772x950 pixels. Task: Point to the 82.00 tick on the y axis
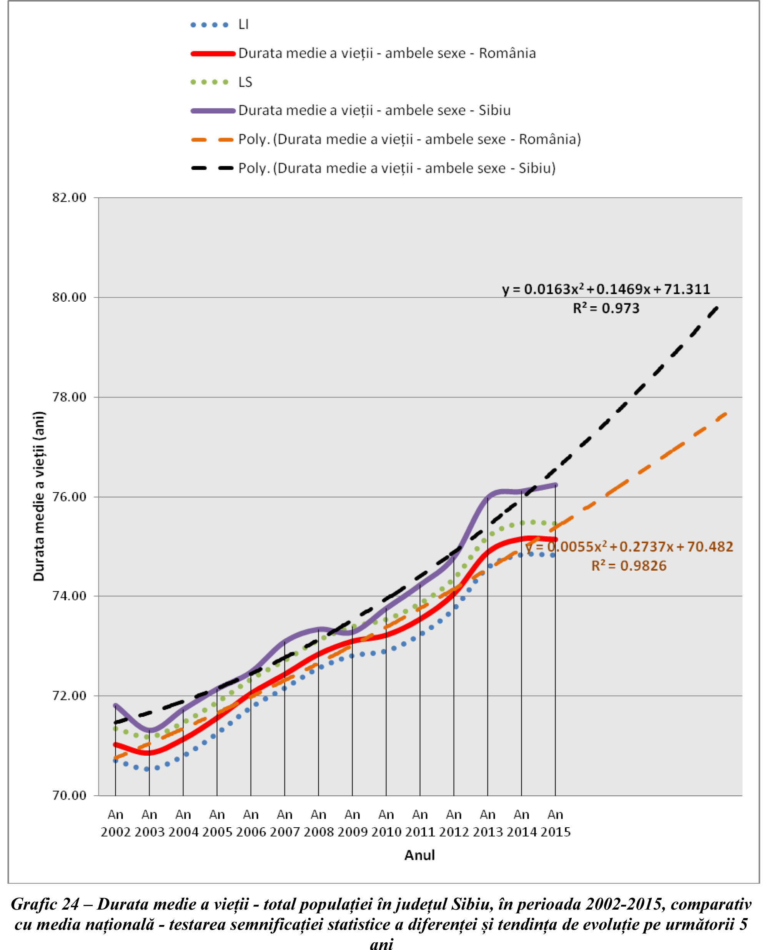pos(69,197)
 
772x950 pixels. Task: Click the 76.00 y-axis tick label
pos(69,497)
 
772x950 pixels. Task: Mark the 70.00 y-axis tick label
pos(69,795)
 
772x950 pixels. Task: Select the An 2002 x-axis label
pos(116,823)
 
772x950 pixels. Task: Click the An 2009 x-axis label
pos(352,823)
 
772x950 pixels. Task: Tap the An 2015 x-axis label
pos(555,823)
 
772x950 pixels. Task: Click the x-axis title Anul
pos(419,855)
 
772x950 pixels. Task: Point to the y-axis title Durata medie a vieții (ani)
pos(39,496)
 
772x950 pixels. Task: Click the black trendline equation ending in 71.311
pos(606,289)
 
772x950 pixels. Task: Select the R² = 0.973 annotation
pos(606,308)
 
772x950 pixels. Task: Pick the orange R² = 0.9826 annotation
pos(629,566)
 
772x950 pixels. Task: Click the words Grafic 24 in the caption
pos(45,904)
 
